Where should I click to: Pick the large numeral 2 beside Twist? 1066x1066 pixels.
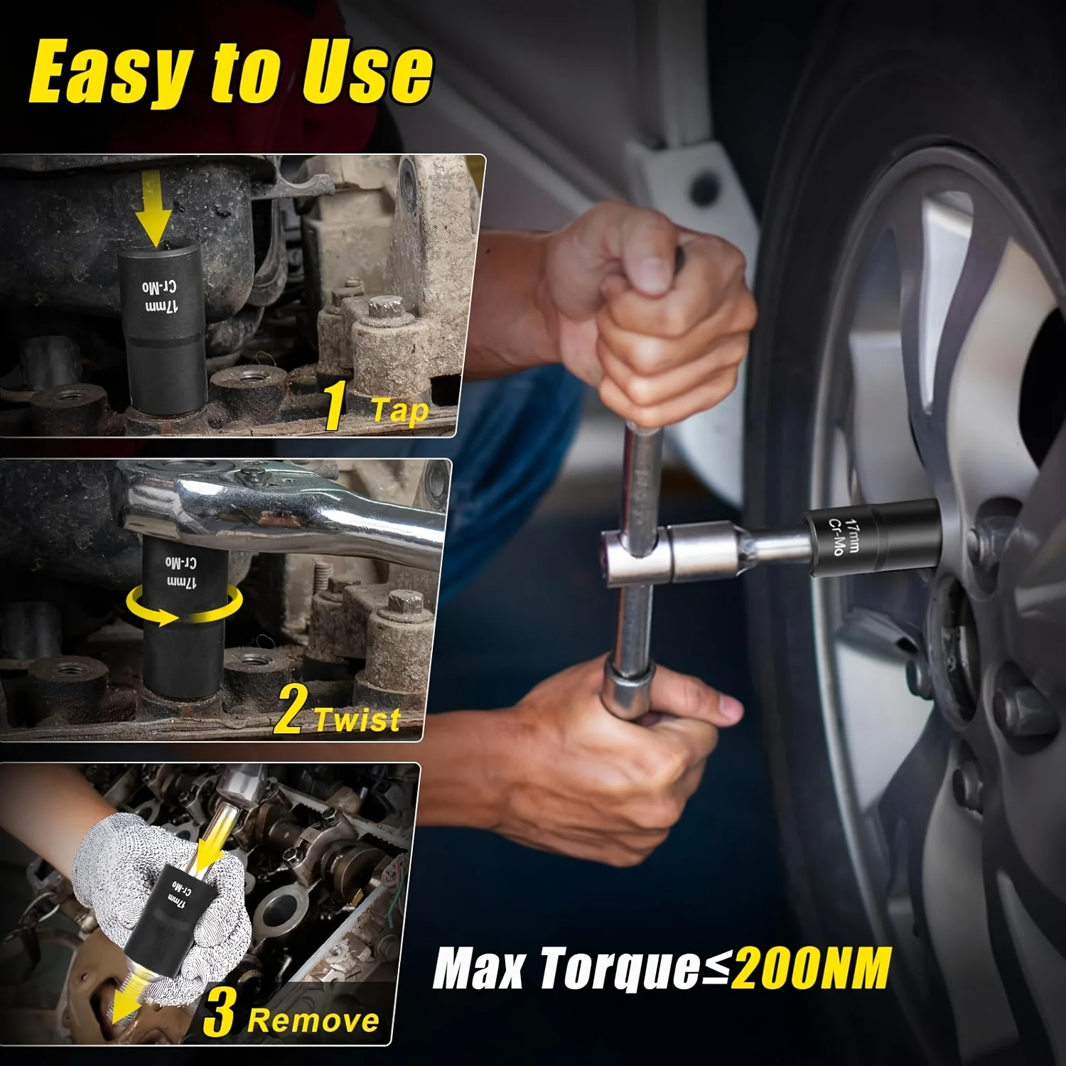point(289,709)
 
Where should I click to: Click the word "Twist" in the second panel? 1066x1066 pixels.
point(357,719)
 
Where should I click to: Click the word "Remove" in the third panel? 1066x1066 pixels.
point(313,1021)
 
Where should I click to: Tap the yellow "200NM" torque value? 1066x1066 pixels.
point(810,968)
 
